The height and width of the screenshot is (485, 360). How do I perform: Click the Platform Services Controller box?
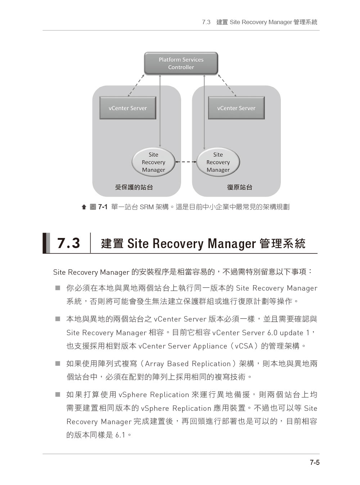tap(181, 63)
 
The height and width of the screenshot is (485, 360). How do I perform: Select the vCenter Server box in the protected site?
tap(128, 108)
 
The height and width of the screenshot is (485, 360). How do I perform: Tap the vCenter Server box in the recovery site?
tap(236, 108)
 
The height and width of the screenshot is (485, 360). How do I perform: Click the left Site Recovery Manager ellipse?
tap(153, 162)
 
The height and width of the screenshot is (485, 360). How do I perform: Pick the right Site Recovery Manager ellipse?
tap(218, 162)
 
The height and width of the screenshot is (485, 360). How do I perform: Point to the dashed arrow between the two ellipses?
tap(186, 162)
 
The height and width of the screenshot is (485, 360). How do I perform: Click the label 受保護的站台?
tap(134, 187)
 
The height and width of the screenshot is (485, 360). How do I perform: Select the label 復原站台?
tap(240, 187)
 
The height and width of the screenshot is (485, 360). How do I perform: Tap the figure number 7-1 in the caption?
tap(103, 207)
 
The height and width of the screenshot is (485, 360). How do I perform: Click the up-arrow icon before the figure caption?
tap(84, 207)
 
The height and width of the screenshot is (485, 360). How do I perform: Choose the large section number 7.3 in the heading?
tap(68, 243)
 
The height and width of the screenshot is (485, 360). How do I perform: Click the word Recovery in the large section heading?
tap(178, 244)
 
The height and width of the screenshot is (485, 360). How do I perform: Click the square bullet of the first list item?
tap(58, 288)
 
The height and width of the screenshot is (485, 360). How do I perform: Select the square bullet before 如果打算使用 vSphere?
tap(58, 395)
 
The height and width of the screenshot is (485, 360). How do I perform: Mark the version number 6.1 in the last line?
tap(120, 435)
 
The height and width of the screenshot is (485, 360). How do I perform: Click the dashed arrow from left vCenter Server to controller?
tap(136, 85)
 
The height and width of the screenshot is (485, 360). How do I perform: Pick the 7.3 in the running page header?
tap(206, 22)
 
